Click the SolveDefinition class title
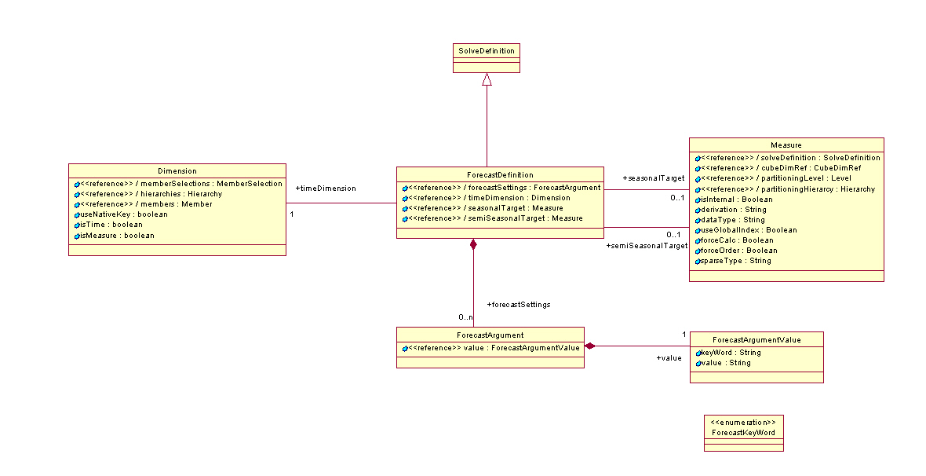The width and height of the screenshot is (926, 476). click(487, 51)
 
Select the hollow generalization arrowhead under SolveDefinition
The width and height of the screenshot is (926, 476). click(487, 79)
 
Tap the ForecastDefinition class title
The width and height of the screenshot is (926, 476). click(500, 174)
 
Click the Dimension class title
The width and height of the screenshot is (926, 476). click(177, 171)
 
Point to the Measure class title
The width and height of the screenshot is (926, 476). click(786, 145)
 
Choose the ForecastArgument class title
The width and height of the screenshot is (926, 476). click(490, 335)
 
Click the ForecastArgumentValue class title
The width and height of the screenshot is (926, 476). click(756, 339)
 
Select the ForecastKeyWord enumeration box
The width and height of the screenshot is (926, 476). click(743, 433)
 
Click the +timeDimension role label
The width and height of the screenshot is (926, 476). click(325, 189)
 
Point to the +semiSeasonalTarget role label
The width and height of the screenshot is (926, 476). click(647, 246)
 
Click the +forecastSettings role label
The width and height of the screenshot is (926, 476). click(518, 304)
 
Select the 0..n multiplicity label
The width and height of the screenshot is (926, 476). click(465, 317)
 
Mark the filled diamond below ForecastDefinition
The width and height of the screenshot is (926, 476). click(473, 244)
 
